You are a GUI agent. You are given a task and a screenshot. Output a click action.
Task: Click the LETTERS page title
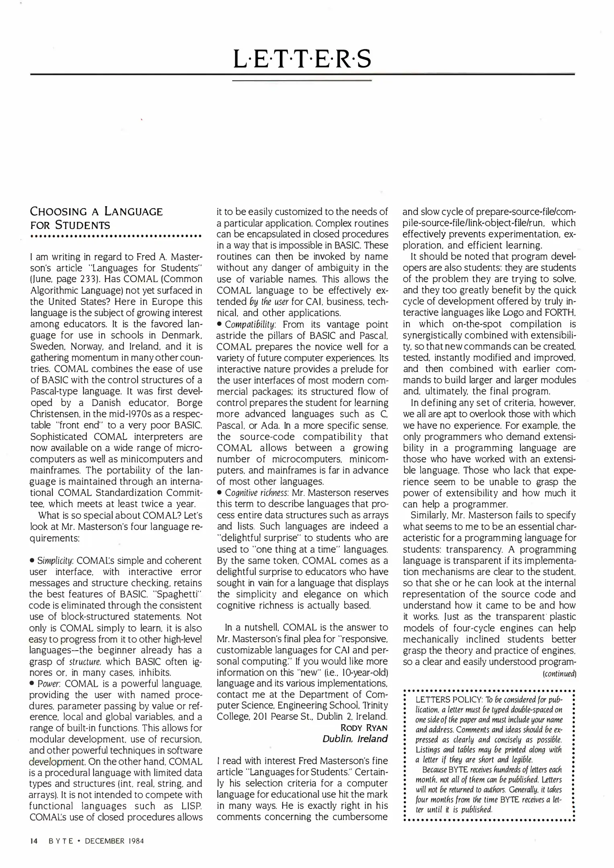pyautogui.click(x=302, y=59)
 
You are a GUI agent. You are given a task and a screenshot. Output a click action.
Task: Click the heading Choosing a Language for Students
pyautogui.click(x=97, y=218)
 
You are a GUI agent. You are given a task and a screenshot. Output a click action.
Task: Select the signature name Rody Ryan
pyautogui.click(x=364, y=727)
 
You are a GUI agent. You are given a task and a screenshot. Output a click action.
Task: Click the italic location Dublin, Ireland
pyautogui.click(x=355, y=739)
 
